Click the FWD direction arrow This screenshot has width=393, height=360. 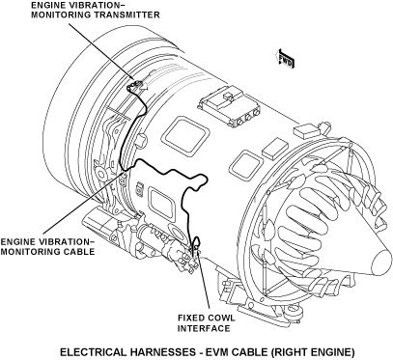pyautogui.click(x=285, y=59)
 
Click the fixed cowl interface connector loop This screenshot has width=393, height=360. pyautogui.click(x=196, y=244)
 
